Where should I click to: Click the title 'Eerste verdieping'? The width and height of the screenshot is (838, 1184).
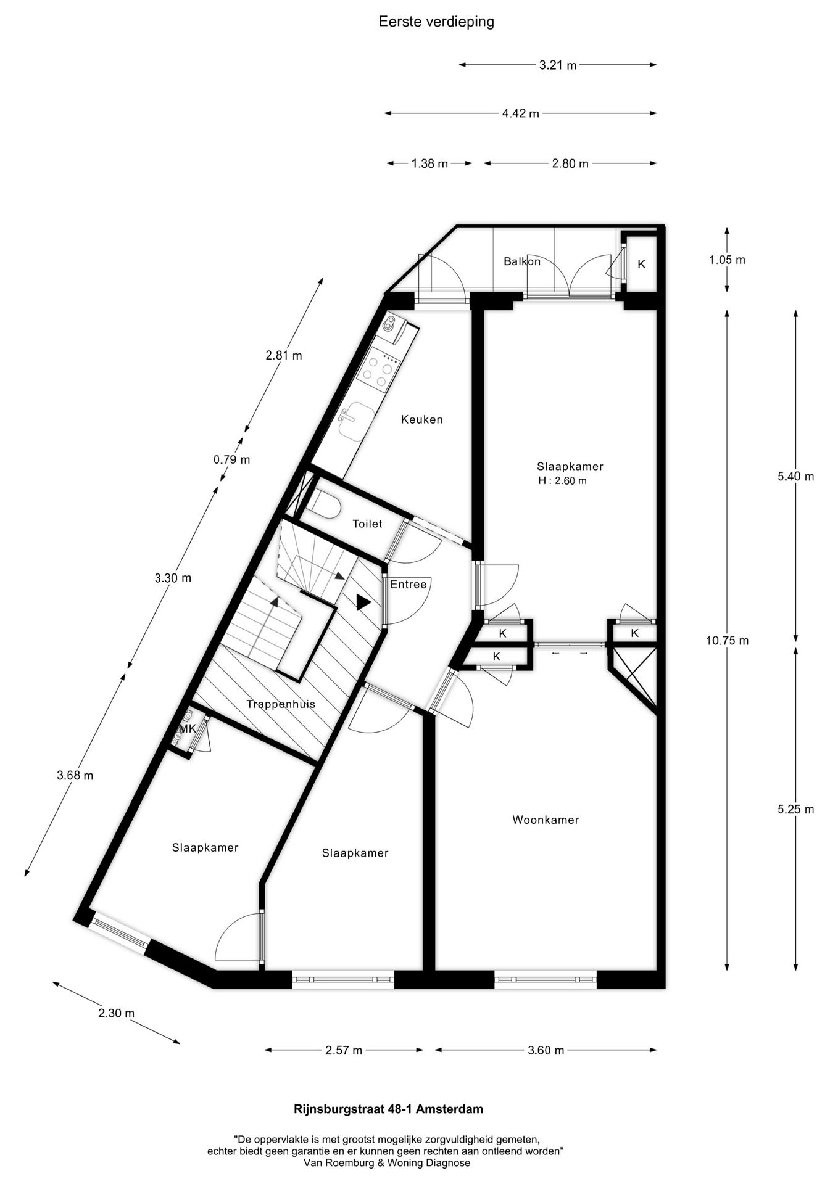tap(436, 22)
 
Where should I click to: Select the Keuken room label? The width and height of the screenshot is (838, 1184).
tap(422, 420)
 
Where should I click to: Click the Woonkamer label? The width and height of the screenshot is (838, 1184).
tap(546, 820)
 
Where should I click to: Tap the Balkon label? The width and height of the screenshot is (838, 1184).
tap(522, 261)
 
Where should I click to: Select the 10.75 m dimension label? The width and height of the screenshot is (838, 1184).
tap(727, 641)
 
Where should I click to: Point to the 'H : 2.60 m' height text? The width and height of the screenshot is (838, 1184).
tap(562, 481)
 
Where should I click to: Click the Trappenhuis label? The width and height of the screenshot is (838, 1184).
tap(281, 704)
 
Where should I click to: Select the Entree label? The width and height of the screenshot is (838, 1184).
tap(409, 585)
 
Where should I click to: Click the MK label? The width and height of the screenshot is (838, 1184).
tap(187, 729)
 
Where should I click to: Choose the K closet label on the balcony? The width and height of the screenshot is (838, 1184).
tap(642, 264)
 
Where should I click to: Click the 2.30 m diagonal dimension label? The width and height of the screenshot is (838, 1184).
tap(116, 1013)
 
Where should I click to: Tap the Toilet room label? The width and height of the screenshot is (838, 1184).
tap(367, 524)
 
